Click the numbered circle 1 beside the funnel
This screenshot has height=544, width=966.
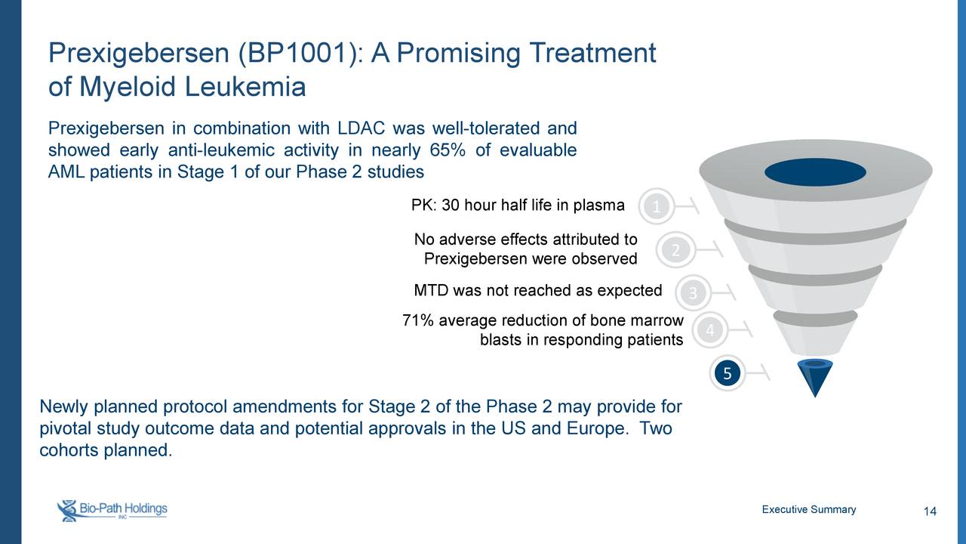click(657, 206)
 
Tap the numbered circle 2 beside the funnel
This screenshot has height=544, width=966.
click(676, 250)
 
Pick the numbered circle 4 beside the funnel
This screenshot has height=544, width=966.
click(709, 331)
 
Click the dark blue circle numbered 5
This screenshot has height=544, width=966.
click(727, 373)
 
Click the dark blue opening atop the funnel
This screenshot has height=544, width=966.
click(815, 172)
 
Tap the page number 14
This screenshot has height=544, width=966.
click(930, 513)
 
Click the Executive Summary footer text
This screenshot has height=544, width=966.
click(808, 509)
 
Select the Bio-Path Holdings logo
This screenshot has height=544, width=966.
click(112, 510)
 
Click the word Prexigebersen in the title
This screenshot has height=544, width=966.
click(139, 54)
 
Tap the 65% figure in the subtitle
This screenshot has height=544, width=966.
click(451, 150)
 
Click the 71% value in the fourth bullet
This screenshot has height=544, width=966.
click(418, 321)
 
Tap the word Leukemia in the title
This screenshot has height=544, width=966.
click(245, 88)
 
